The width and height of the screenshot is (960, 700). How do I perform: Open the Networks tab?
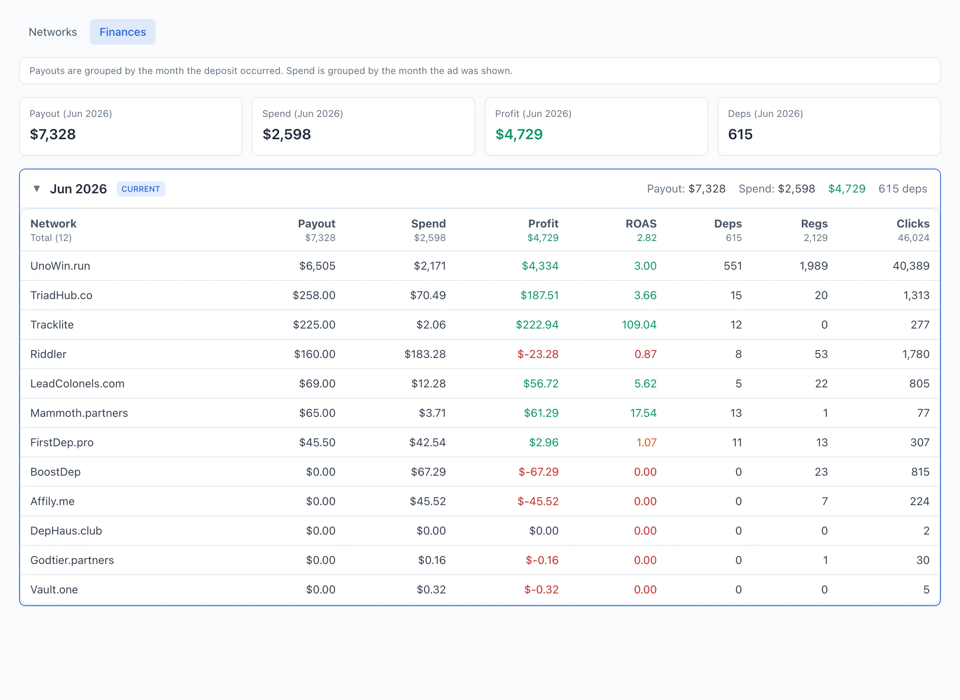pos(52,32)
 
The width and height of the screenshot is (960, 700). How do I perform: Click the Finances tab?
pos(123,32)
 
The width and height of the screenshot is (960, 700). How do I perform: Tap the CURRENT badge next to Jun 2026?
pos(141,189)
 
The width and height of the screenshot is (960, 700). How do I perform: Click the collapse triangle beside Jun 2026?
pos(37,189)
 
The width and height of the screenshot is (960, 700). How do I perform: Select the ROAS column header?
pos(641,224)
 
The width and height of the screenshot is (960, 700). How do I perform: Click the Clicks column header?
pos(913,224)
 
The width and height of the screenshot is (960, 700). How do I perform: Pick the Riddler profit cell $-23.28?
pos(538,354)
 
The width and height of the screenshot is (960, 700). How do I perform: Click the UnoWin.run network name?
pos(60,266)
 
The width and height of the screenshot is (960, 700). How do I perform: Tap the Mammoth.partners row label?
pos(79,413)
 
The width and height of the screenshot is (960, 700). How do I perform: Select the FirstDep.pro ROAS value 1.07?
pos(646,442)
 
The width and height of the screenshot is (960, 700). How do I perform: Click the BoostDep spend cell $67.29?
pos(428,472)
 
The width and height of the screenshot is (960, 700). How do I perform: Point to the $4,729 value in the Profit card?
pos(519,134)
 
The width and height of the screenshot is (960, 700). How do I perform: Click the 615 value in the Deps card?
pos(740,134)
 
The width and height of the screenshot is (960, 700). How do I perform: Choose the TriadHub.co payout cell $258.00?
pos(314,296)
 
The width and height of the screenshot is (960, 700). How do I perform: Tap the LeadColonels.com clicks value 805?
pos(919,383)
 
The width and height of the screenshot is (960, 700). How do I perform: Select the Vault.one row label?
pos(54,590)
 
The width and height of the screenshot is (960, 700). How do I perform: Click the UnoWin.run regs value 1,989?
pos(813,266)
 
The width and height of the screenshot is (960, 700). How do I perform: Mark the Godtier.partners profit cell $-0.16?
pos(542,560)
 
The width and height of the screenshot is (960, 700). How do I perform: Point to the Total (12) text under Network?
pos(51,238)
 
